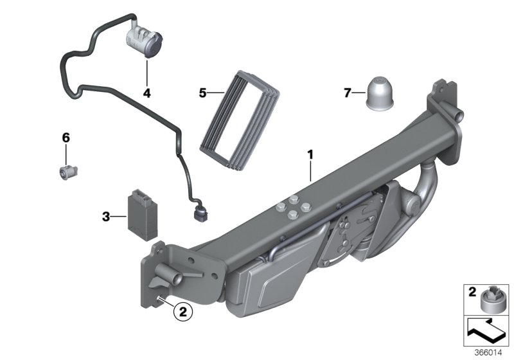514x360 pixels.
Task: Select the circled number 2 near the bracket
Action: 182,312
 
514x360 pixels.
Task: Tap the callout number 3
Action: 106,217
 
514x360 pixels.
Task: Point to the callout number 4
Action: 146,93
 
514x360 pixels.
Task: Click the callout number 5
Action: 203,93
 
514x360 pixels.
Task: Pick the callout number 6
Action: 66,138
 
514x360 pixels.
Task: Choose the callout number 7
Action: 348,94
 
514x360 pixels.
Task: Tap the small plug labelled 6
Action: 66,172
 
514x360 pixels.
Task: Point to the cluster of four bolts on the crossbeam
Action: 292,207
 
